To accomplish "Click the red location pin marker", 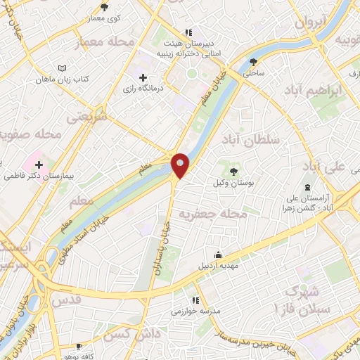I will pos(181,165).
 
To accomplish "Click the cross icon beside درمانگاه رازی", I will pos(143,77).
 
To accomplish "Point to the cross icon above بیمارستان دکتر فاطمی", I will pos(39,165).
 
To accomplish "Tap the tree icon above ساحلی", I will pos(252,61).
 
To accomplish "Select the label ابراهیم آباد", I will pos(314,91).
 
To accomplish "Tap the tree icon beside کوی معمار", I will pos(104,7).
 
